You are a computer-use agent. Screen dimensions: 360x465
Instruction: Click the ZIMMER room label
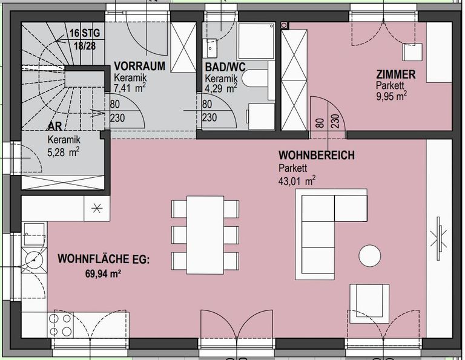(x=395, y=74)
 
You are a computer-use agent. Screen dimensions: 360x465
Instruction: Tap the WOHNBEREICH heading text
(x=317, y=155)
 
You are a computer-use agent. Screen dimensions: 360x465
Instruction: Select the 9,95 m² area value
(x=391, y=96)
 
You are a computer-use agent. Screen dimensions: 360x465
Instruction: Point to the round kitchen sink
(x=34, y=260)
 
